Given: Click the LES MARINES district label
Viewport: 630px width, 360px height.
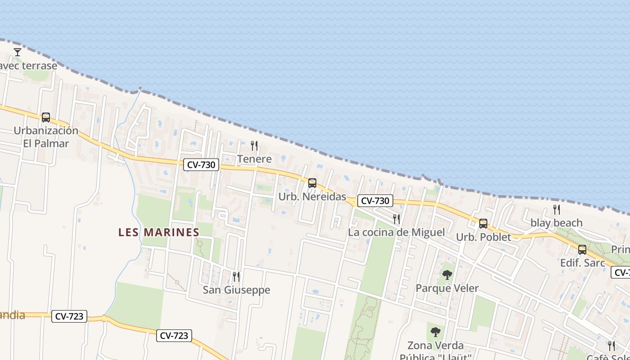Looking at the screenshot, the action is (158, 232).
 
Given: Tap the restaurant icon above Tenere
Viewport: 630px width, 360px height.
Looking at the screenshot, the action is (254, 145).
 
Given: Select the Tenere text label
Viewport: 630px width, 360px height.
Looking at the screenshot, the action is (254, 159).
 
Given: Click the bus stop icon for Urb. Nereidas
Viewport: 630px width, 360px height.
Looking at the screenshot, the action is (312, 183).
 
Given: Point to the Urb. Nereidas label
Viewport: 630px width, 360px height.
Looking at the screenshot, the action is (312, 197).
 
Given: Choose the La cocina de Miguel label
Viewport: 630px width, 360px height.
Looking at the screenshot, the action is (396, 232).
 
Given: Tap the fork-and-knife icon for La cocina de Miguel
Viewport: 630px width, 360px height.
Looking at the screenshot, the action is (396, 219).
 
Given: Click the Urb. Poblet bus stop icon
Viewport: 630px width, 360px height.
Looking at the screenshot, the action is (483, 224).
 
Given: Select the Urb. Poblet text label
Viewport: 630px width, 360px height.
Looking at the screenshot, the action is (483, 237).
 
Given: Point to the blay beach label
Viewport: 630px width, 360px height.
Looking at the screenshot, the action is (556, 223).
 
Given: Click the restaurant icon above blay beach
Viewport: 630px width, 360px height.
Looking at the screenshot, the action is (557, 210).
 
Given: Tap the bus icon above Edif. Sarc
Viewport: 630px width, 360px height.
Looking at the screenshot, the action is (582, 250).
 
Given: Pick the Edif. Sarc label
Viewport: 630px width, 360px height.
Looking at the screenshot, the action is (582, 263).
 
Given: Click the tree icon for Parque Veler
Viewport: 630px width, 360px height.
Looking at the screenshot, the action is (447, 275).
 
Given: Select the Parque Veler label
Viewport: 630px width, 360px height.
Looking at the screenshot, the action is (447, 288).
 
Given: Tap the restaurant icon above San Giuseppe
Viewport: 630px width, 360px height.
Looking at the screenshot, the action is (236, 276).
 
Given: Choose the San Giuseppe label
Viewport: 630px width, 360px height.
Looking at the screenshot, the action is (236, 290).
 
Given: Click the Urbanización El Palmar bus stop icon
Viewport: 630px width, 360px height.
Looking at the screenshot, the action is (46, 117).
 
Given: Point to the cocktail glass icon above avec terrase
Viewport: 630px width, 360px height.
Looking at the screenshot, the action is (18, 52).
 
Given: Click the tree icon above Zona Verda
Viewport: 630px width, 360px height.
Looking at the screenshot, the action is (435, 333).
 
